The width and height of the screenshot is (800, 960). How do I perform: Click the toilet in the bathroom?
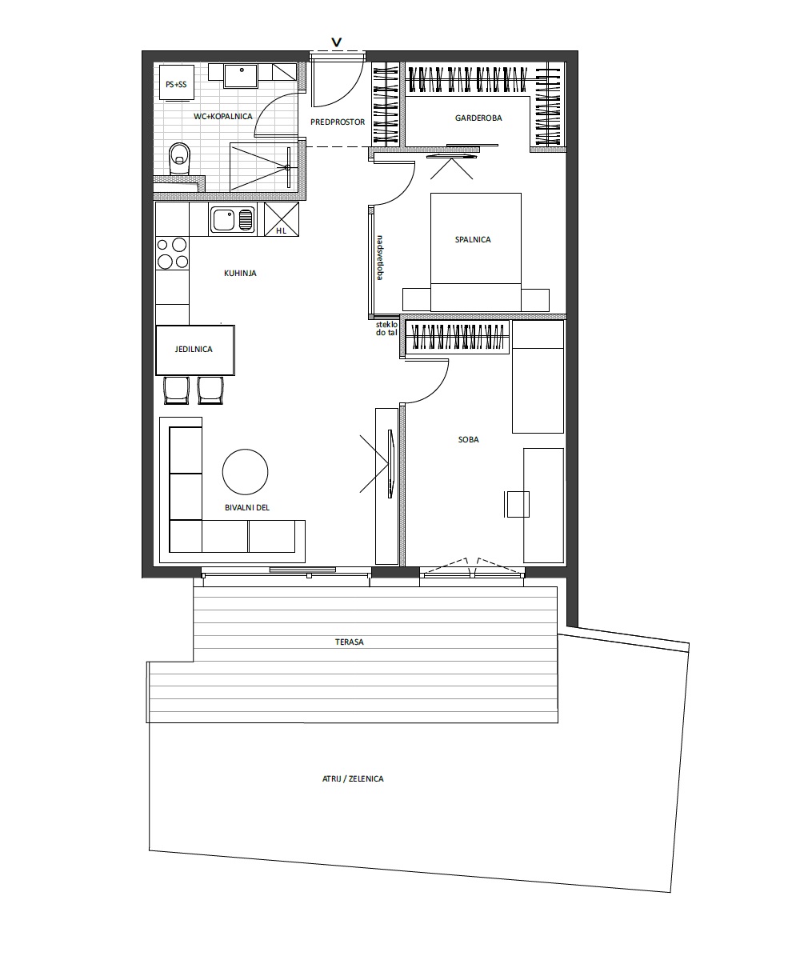click(x=179, y=158)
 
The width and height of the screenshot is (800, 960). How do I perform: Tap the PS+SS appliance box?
click(x=177, y=82)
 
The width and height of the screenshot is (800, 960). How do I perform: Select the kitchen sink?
click(x=233, y=219)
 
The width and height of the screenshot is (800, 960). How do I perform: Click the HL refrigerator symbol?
click(x=282, y=219)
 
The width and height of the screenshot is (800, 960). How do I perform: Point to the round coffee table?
click(x=245, y=472)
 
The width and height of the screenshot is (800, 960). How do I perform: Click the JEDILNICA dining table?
click(x=195, y=350)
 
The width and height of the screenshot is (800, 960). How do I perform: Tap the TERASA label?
click(x=350, y=642)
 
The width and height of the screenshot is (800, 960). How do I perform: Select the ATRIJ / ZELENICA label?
click(x=353, y=779)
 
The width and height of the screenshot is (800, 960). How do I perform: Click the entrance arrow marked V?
click(x=337, y=42)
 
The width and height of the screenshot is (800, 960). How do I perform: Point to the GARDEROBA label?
click(x=478, y=118)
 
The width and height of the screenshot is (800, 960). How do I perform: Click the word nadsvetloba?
click(x=380, y=258)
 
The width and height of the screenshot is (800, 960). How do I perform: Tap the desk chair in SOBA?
click(x=518, y=504)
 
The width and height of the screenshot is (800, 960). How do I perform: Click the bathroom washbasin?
click(x=241, y=75)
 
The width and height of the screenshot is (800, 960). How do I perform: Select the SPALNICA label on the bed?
click(x=473, y=239)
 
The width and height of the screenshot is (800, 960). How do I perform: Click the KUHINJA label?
click(x=240, y=273)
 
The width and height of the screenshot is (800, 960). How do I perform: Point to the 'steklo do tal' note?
click(x=386, y=328)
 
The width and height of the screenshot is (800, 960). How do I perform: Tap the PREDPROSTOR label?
click(x=338, y=122)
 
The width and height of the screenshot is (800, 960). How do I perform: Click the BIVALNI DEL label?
click(x=247, y=507)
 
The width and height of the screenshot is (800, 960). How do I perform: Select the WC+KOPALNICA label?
click(x=223, y=116)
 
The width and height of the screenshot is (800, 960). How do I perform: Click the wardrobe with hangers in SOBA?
click(x=457, y=337)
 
